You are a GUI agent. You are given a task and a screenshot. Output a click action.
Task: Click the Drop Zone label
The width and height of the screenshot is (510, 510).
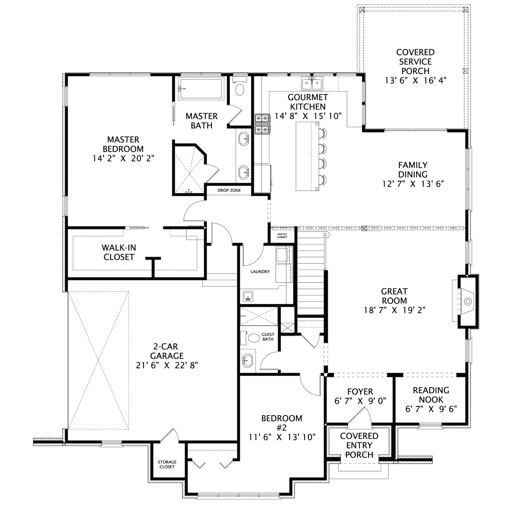point(229,190)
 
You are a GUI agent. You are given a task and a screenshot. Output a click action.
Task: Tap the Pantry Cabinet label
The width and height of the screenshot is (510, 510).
point(282,236)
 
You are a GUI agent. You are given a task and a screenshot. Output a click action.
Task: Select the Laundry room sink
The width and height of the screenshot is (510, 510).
point(248,296)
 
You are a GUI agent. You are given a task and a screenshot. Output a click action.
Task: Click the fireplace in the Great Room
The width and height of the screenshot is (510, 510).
point(468,301)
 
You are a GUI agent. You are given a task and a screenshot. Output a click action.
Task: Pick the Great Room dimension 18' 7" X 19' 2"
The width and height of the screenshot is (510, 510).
point(394,310)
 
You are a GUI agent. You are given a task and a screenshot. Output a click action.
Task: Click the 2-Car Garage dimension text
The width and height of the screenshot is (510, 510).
point(167,365)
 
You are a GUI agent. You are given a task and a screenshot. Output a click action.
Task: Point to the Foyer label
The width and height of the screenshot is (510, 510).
point(360,391)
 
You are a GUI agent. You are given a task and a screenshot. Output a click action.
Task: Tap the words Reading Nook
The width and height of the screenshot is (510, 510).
point(431,395)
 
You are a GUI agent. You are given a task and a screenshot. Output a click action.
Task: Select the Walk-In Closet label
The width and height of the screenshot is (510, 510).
point(119,252)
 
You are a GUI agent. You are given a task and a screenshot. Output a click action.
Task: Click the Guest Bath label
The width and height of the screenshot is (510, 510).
point(268,337)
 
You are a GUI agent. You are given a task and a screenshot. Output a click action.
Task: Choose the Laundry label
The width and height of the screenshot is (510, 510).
point(260,271)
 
